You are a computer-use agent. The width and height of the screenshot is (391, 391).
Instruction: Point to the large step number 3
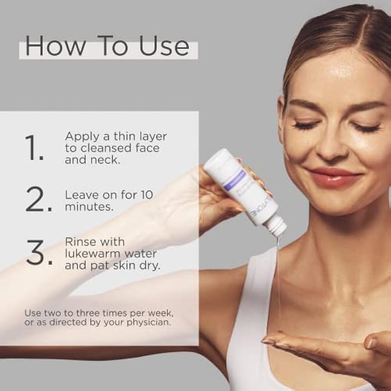(38, 253)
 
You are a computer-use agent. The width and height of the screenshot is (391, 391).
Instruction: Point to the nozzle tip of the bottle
(278, 230)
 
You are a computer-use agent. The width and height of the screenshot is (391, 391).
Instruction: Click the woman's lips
(334, 177)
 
